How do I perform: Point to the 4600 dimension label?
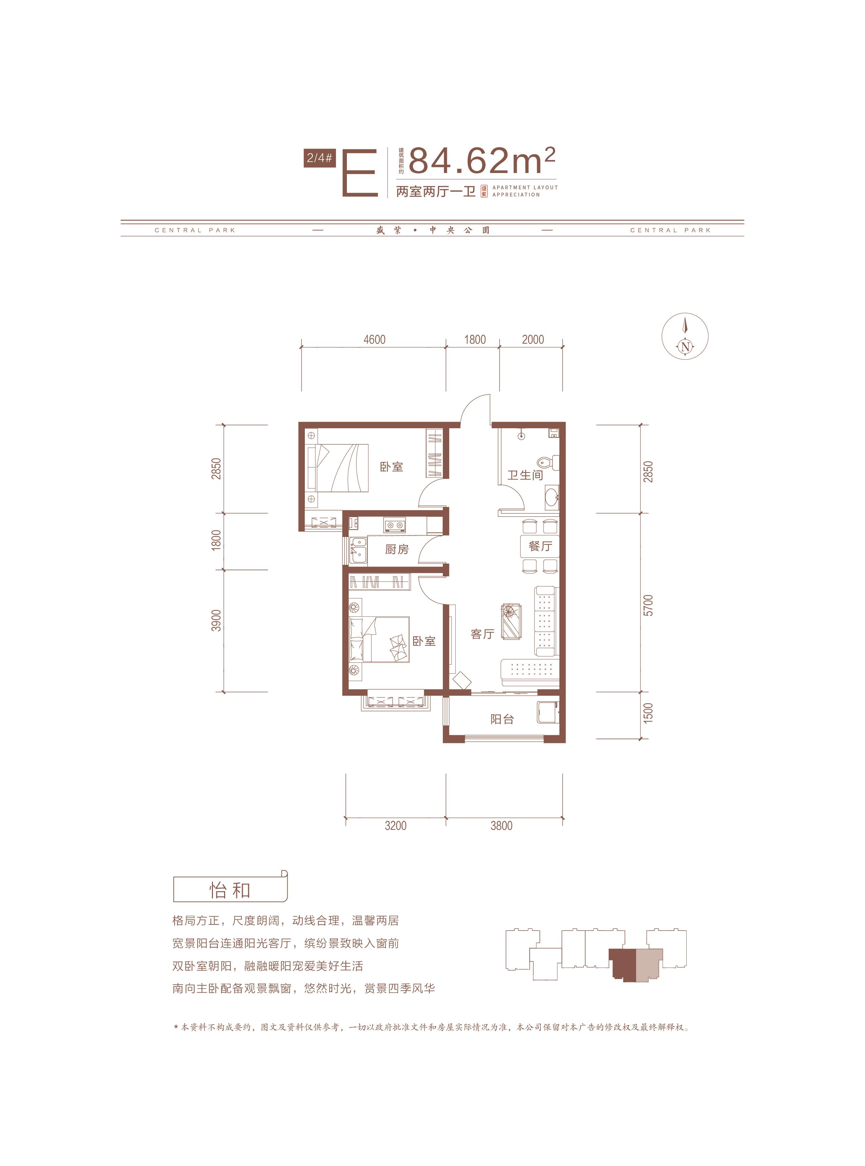(x=374, y=340)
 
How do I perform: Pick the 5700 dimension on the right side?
(x=648, y=605)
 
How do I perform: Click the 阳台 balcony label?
(x=502, y=719)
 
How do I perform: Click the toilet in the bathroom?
(x=548, y=462)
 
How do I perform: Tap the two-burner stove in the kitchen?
(x=395, y=524)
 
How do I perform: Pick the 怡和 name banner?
(x=230, y=890)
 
